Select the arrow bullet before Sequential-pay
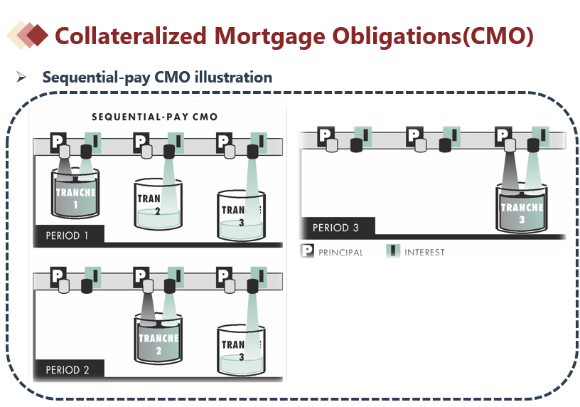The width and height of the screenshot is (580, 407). pyautogui.click(x=21, y=77)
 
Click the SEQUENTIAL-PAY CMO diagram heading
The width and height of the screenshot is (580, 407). pyautogui.click(x=154, y=116)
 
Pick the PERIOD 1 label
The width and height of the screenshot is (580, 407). pyautogui.click(x=68, y=235)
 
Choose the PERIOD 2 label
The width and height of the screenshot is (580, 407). pyautogui.click(x=68, y=369)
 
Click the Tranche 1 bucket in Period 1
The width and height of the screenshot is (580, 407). pyautogui.click(x=75, y=194)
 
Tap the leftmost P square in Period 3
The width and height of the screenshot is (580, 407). pyautogui.click(x=326, y=135)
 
